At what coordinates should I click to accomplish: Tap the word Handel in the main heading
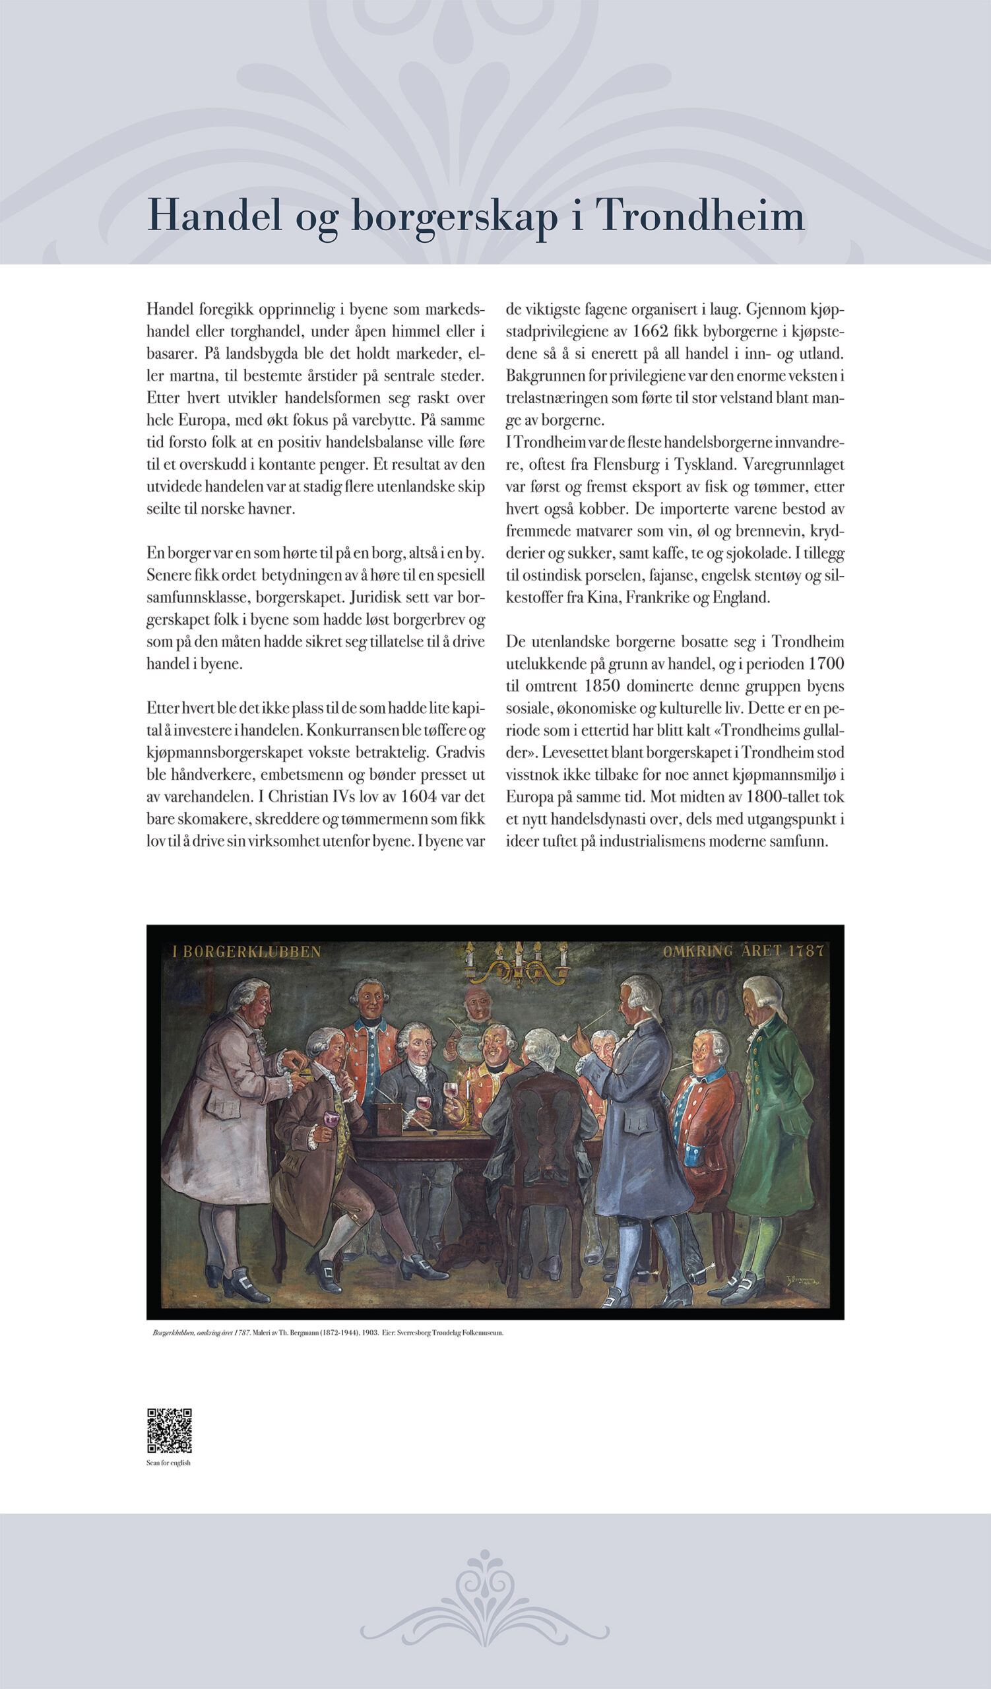click(x=214, y=216)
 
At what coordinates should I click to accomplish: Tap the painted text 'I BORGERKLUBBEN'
click(x=247, y=952)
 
